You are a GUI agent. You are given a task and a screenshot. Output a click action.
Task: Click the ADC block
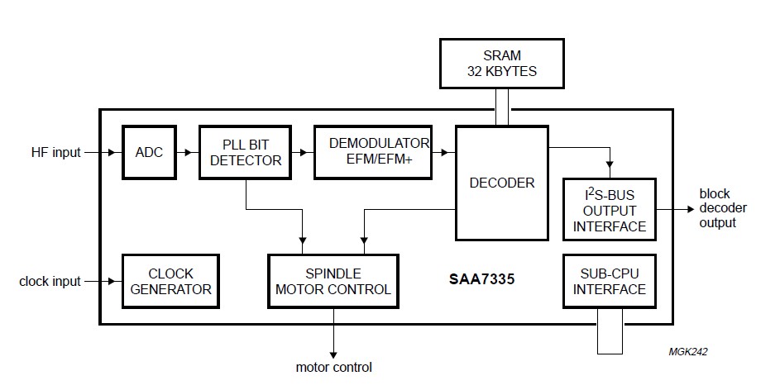(x=149, y=152)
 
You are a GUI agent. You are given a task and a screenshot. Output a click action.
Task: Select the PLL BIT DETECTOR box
(x=246, y=152)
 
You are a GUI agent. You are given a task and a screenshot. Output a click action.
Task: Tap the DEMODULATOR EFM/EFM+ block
(x=373, y=152)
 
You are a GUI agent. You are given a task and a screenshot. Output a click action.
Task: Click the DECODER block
(x=502, y=182)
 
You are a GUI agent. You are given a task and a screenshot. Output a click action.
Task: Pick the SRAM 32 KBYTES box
(x=501, y=63)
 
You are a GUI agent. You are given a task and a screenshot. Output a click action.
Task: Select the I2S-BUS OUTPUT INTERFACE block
(x=609, y=209)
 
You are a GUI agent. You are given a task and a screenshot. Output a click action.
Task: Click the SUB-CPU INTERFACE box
(x=609, y=281)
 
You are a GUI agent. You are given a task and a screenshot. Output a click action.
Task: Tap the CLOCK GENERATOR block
(x=171, y=281)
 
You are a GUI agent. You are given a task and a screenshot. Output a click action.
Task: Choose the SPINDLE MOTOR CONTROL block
(x=333, y=281)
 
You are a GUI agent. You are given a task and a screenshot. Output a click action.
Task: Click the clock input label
(x=50, y=282)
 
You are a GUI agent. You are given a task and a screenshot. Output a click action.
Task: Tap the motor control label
(x=334, y=367)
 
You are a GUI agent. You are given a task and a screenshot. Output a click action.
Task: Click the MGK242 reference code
(x=688, y=351)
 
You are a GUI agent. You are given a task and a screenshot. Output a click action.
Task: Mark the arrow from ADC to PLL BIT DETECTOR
(x=188, y=152)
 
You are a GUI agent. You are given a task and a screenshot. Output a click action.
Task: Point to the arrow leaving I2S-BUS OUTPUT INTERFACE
(x=676, y=208)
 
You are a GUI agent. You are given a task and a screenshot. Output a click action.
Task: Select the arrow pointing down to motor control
(x=334, y=335)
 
